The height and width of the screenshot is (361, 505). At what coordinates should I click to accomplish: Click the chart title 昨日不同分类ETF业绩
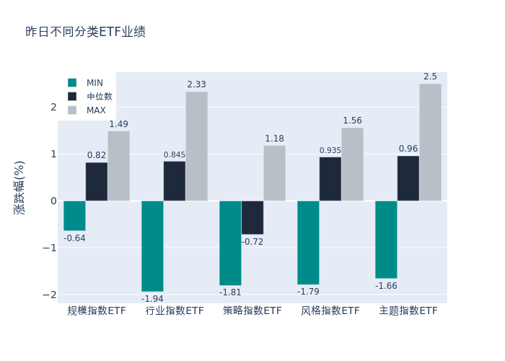85,32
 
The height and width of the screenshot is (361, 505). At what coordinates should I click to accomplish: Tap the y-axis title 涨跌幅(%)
19,187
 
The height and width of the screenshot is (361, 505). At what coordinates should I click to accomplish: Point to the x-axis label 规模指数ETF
97,311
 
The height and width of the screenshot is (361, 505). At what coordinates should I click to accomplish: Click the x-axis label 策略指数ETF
252,311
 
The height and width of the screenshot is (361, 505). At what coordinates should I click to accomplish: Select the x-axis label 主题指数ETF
408,311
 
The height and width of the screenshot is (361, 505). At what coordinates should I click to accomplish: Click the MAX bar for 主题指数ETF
430,142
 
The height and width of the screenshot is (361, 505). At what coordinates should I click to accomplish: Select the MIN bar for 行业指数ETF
152,246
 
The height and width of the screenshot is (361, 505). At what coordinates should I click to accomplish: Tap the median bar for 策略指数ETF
252,217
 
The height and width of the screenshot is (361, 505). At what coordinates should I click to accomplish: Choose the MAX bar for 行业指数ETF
196,146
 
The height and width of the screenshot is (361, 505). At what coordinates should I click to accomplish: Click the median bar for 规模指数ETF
97,181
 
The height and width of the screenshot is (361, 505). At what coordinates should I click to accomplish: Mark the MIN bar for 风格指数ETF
308,243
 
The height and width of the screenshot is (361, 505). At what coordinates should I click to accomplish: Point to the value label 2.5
430,77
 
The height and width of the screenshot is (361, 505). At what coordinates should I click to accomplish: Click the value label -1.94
152,299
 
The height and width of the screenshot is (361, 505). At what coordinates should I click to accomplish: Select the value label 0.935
330,151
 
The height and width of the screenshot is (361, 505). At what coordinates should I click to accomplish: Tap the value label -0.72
252,242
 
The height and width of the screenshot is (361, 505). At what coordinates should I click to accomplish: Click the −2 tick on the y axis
51,295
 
